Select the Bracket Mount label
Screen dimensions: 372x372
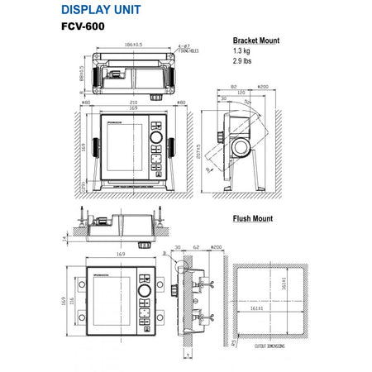(255, 40)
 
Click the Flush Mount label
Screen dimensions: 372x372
(252, 219)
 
